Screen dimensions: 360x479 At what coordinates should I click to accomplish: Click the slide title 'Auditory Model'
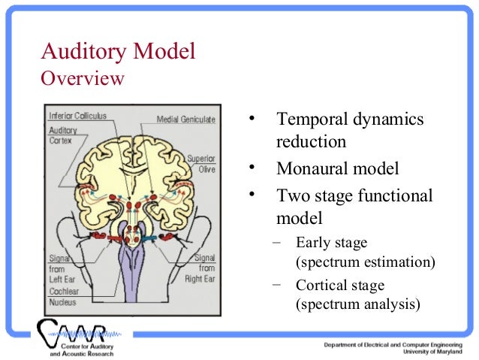tap(118, 52)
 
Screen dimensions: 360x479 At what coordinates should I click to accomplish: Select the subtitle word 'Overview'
tap(83, 78)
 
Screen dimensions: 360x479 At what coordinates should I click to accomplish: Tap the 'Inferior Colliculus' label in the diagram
tap(77, 116)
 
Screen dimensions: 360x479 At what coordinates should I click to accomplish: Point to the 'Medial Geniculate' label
tap(185, 119)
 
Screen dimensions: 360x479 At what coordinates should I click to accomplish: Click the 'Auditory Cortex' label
tap(63, 135)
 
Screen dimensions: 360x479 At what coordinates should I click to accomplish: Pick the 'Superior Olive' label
tap(200, 163)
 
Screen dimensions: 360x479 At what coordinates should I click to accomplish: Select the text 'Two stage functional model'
tap(354, 207)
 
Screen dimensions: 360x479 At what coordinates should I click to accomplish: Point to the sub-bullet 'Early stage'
tap(332, 242)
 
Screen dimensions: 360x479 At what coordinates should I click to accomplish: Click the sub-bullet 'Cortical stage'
tap(340, 286)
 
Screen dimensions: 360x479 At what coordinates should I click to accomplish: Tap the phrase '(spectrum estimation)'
tap(366, 262)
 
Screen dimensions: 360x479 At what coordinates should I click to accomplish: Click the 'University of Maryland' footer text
tap(433, 351)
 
